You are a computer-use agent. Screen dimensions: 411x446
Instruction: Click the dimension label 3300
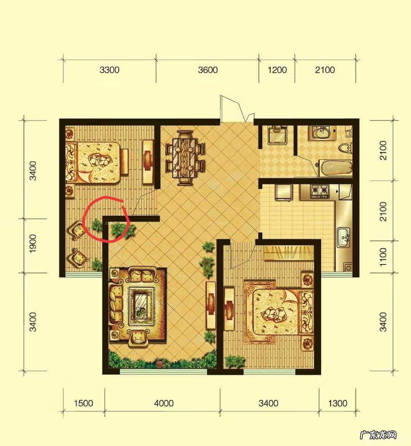tap(110, 70)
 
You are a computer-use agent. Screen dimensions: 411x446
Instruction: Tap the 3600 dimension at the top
tap(208, 70)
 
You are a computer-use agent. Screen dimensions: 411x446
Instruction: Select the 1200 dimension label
tap(277, 70)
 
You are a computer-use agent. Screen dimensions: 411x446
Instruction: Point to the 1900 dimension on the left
tap(33, 244)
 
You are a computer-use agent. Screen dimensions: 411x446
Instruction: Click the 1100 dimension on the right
tap(383, 257)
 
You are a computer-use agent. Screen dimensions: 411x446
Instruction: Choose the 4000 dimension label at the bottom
tap(164, 403)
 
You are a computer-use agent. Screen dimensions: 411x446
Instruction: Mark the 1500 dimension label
tap(83, 403)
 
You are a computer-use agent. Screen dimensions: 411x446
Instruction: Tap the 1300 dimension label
tap(338, 403)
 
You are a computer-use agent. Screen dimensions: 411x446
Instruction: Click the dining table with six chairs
tap(185, 158)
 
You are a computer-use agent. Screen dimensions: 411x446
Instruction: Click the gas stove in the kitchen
tap(320, 191)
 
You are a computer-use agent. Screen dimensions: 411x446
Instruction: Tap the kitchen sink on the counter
tap(344, 237)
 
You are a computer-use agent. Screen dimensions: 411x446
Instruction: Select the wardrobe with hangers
tap(288, 253)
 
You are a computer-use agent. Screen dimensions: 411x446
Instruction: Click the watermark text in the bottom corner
tap(378, 435)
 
